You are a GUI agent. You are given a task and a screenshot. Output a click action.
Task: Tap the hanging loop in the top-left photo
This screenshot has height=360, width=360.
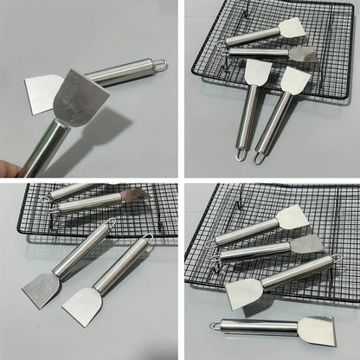click(x=159, y=65)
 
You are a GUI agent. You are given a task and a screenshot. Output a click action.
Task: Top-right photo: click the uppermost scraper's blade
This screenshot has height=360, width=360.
click(x=292, y=29)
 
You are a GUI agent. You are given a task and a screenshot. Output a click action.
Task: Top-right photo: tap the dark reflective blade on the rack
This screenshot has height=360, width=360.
click(x=302, y=55)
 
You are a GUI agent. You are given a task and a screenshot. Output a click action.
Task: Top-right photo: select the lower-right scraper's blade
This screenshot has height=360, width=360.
click(x=294, y=81)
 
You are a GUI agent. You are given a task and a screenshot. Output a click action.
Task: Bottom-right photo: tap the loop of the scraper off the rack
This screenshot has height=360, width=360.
click(x=215, y=326)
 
